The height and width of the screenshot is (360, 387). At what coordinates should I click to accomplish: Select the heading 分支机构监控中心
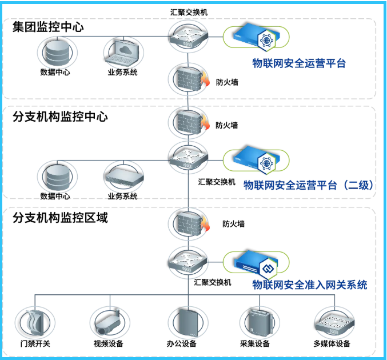[60, 117]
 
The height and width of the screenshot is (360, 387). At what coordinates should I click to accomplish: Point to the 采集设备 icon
[255, 323]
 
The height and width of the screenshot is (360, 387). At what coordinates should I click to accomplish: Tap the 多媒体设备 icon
[332, 323]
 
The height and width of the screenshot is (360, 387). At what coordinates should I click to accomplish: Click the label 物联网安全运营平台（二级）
[309, 185]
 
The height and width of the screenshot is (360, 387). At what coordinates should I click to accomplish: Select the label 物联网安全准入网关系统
[310, 285]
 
